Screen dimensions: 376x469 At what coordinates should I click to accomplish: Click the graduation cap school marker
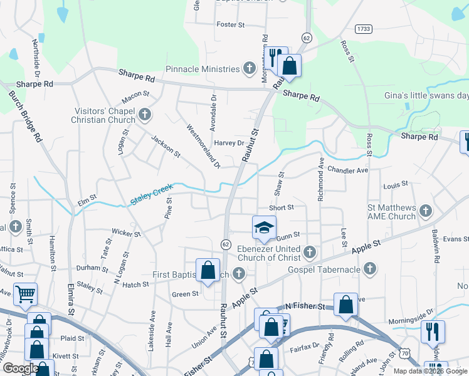pos(264,227)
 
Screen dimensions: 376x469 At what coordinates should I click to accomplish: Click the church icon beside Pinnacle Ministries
pos(249,68)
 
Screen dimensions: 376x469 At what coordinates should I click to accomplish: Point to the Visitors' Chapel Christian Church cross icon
pos(145,115)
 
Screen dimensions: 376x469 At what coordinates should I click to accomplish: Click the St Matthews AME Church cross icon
pos(426,211)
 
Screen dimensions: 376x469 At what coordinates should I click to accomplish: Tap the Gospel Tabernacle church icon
pos(369,269)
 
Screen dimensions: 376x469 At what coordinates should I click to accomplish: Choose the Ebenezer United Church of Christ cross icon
pos(309,253)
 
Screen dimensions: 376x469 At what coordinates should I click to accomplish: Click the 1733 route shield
pos(362,29)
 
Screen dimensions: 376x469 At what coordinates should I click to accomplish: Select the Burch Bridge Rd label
pos(25,117)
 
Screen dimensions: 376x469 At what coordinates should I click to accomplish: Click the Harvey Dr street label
pos(229,143)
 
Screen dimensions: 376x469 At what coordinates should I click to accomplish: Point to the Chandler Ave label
pos(347,170)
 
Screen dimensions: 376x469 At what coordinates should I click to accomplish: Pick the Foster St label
pos(230,24)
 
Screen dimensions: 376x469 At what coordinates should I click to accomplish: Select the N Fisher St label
pos(305,306)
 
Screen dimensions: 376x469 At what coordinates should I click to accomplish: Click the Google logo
pos(21,369)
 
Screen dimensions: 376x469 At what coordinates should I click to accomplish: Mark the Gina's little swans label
pos(426,95)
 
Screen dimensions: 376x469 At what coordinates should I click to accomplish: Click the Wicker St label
pos(126,233)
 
